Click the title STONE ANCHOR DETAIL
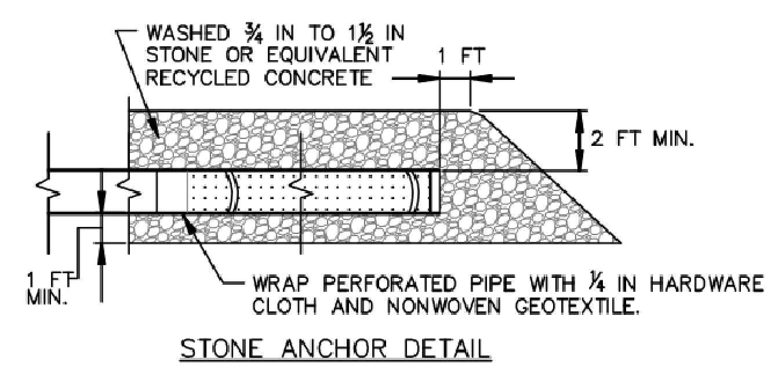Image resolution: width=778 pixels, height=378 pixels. tap(335, 349)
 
